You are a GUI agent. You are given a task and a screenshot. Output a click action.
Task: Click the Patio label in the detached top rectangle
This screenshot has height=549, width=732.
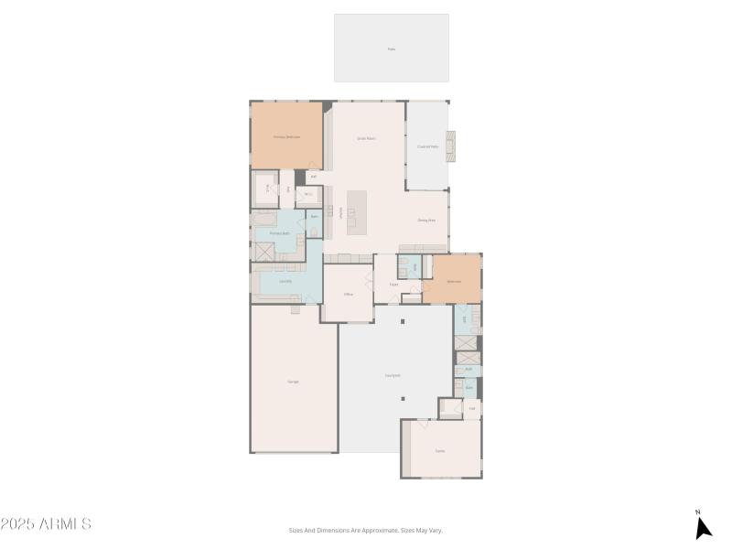coord(392,48)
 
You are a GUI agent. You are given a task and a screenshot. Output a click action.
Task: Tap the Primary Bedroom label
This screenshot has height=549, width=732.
coord(286,136)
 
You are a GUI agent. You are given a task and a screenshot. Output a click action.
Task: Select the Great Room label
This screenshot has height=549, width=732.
coord(367,138)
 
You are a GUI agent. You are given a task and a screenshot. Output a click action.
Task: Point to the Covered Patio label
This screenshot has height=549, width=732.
coord(427,146)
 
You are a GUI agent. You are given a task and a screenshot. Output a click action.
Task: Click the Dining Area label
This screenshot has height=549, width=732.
coord(426,221)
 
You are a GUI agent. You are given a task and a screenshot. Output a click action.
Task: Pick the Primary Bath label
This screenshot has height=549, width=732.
coord(280,233)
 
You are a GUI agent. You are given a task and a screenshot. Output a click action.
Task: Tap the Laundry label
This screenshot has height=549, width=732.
coord(285,281)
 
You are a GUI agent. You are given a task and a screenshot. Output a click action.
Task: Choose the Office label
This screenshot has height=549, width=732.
coord(349,294)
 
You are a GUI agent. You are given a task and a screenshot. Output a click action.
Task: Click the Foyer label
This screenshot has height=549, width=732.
coord(393,285)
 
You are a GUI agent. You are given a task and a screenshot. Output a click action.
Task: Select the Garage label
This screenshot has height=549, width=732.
coord(293,381)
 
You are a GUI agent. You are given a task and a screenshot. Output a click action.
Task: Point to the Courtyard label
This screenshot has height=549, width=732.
coord(393,375)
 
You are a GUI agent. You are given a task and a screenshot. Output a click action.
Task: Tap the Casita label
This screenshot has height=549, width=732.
coord(440,450)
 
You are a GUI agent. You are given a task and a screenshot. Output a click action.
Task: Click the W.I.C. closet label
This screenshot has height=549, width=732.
coord(308,194)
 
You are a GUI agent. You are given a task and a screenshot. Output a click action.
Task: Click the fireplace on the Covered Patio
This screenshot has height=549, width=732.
coord(450,146)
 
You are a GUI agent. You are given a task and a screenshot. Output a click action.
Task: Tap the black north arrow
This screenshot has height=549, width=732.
coord(703,527)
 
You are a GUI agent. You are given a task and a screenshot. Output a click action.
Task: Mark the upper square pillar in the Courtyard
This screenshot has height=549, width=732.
coord(402,321)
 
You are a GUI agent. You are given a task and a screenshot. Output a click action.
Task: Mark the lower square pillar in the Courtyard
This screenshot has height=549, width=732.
coord(402,407)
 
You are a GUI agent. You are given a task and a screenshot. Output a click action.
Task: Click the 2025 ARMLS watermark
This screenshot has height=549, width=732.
coord(46,524)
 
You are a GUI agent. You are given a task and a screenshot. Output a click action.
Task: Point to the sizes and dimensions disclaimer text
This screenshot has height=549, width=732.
coord(366,530)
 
